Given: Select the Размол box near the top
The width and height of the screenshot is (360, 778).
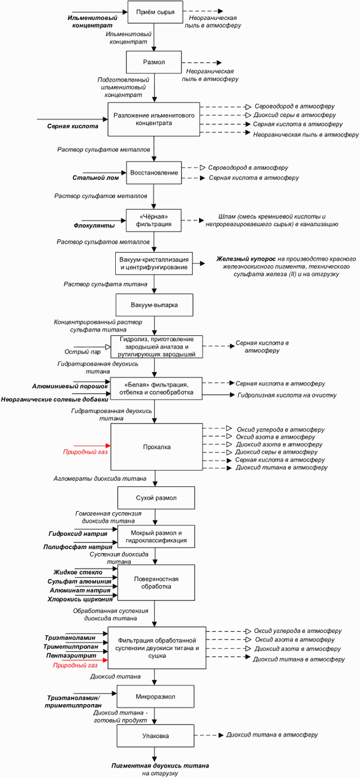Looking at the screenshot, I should point(154,62).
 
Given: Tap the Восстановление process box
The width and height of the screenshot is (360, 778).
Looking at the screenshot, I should point(154,173).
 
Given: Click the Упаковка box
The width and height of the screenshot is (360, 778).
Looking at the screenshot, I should point(156,736).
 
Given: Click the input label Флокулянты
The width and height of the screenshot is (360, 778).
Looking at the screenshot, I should point(94,226).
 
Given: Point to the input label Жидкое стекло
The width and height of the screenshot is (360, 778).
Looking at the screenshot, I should point(78,573).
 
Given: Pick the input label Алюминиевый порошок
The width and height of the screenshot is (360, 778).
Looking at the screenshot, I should point(69,386).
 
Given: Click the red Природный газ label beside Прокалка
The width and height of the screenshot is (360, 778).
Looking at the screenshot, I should point(85,452).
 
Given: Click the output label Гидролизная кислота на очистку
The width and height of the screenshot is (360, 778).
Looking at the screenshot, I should point(286,395).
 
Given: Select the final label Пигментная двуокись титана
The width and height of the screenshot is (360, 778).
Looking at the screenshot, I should point(160,765).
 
